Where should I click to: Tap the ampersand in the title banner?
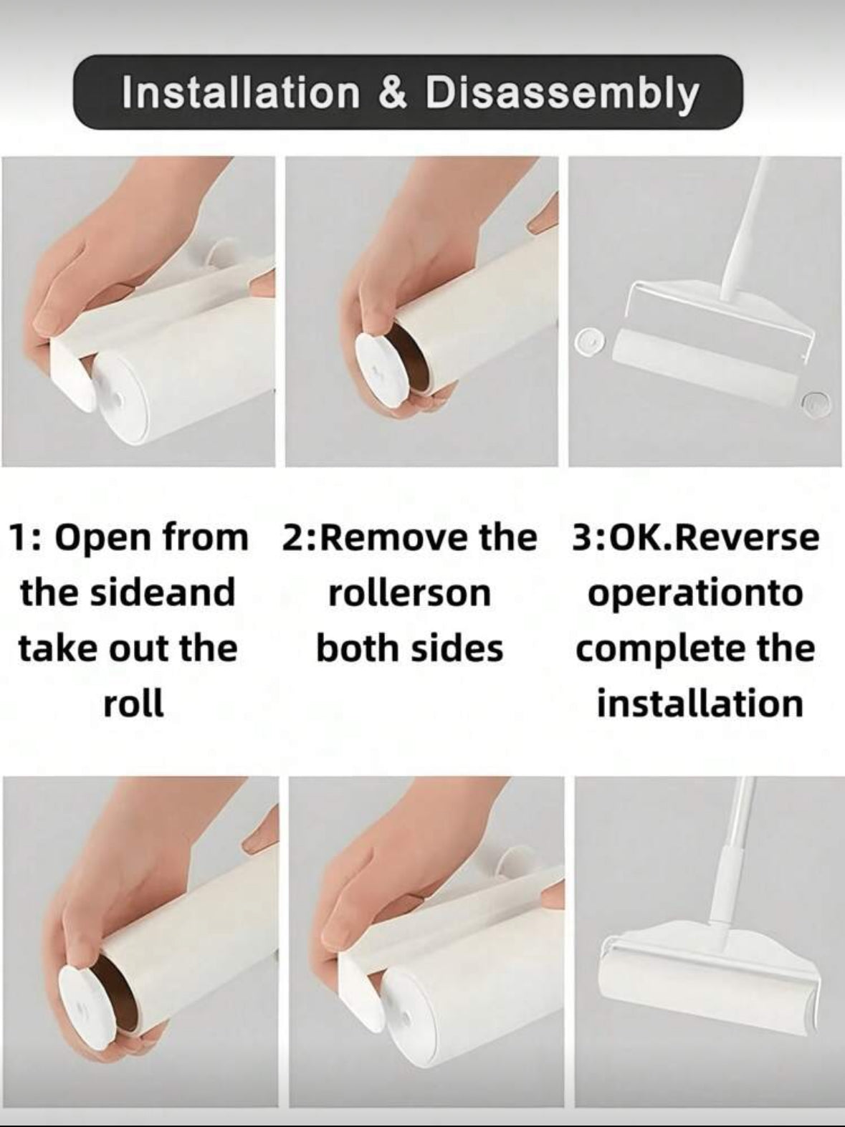[393, 92]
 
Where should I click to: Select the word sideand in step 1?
[161, 592]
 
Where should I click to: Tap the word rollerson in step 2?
[410, 593]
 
